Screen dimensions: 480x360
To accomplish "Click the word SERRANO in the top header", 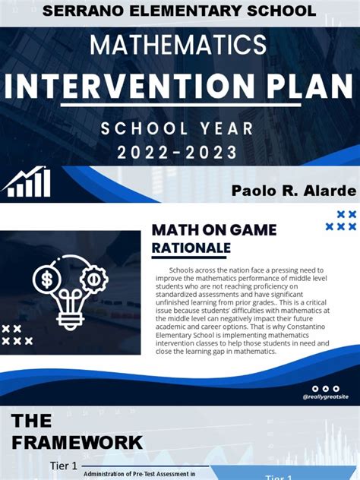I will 80,11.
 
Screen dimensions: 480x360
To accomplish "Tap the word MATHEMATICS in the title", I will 179,45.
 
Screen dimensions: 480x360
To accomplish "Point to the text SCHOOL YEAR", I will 179,128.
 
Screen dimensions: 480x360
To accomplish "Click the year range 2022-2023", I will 179,153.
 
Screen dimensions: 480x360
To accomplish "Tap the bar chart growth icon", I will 27,183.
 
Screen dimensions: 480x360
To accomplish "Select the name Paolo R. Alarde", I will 292,190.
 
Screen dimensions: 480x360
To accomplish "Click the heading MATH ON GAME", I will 214,229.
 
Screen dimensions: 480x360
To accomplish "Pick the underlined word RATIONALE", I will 191,248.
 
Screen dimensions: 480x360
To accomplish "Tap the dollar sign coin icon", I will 47,279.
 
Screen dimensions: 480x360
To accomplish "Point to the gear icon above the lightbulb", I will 94,279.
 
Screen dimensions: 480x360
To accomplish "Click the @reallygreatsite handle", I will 325,396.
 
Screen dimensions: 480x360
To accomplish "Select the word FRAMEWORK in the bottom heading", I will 76,442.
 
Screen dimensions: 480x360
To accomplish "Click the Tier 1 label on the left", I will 63,466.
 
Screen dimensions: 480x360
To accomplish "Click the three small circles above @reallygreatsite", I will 325,388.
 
